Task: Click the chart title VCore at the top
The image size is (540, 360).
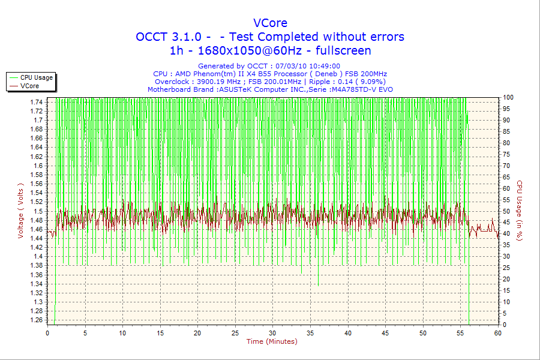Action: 270,23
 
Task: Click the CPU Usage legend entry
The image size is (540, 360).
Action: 37,77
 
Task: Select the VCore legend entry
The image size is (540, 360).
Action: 29,86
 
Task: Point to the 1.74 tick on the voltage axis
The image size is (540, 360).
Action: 36,102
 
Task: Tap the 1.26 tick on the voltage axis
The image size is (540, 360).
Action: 36,320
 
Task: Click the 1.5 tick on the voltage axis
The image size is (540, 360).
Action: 38,211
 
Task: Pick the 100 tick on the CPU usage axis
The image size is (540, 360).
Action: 508,97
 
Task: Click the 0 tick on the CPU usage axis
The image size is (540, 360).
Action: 505,325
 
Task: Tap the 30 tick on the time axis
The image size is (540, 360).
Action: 273,332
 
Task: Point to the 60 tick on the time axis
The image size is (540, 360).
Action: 497,332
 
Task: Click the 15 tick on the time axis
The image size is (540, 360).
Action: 160,332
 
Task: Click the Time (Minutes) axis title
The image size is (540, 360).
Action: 272,341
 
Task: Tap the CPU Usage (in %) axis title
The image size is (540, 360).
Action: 520,211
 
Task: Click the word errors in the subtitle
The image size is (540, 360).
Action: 385,37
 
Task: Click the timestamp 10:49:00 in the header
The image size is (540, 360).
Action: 324,66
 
